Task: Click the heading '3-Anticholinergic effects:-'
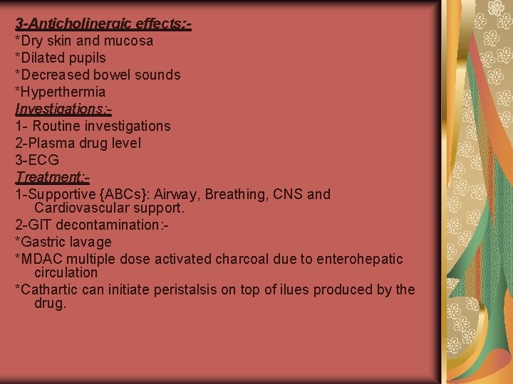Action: point(103,24)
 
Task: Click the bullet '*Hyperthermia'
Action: point(61,92)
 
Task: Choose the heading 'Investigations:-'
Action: point(63,110)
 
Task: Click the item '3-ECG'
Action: point(37,161)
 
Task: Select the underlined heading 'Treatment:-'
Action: point(51,178)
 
